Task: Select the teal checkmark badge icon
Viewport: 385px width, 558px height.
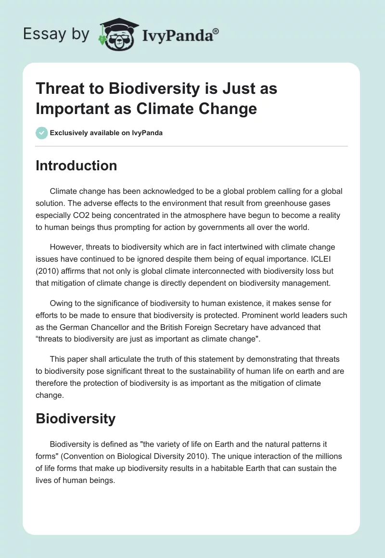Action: pyautogui.click(x=42, y=133)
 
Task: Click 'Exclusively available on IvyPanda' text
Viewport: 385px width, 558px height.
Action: pyautogui.click(x=106, y=133)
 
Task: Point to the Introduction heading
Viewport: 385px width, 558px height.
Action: pyautogui.click(x=76, y=165)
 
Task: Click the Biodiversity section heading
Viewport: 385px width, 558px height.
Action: pyautogui.click(x=76, y=418)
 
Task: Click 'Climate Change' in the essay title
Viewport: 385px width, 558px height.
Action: pyautogui.click(x=197, y=109)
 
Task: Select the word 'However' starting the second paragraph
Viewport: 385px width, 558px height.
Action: pyautogui.click(x=66, y=248)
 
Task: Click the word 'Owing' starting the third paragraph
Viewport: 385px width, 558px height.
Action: pyautogui.click(x=62, y=304)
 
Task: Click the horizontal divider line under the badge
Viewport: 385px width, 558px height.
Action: pyautogui.click(x=192, y=146)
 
